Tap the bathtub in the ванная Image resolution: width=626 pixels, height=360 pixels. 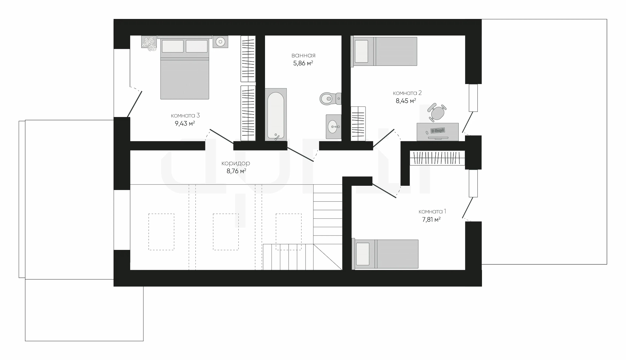[276, 114]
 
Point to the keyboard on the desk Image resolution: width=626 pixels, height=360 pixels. [438, 131]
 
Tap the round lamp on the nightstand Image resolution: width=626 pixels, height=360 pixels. [220, 42]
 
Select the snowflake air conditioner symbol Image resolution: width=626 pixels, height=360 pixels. [149, 43]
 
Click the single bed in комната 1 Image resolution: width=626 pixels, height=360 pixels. [385, 254]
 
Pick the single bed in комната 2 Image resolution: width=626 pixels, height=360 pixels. [384, 51]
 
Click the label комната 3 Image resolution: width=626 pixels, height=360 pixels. [185, 115]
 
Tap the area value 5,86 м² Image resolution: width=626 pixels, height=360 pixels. [303, 63]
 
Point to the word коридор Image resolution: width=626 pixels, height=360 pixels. [235, 163]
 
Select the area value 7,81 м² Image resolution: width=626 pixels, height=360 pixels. [431, 219]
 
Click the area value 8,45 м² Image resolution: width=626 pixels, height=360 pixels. [406, 101]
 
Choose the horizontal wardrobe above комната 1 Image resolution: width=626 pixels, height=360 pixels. [437, 158]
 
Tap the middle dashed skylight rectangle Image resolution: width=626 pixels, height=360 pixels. [226, 232]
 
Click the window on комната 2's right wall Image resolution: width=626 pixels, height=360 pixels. [473, 98]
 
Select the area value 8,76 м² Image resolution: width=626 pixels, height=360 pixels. [236, 171]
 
